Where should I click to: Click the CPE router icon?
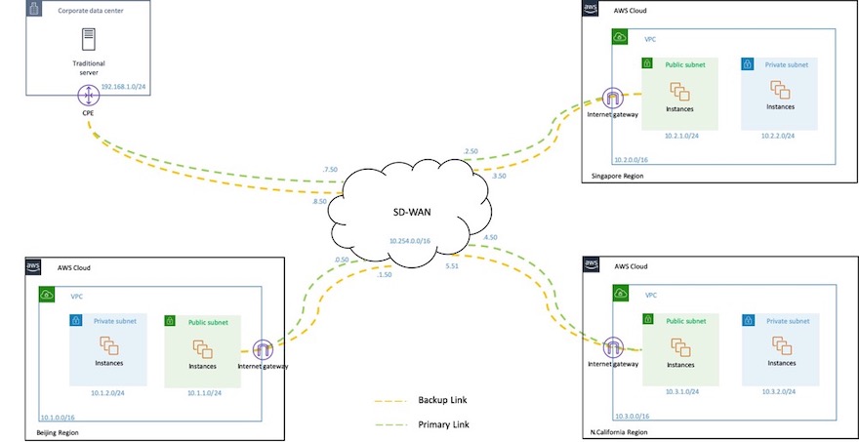(89, 96)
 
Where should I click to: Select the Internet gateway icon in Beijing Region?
(262, 350)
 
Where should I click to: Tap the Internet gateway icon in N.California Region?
(613, 347)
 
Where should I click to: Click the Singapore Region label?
(620, 176)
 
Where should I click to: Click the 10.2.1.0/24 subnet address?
(679, 136)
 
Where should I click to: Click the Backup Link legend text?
(445, 400)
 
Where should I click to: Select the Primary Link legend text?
(445, 424)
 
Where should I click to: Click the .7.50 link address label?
(330, 169)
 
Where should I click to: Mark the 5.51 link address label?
(452, 265)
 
